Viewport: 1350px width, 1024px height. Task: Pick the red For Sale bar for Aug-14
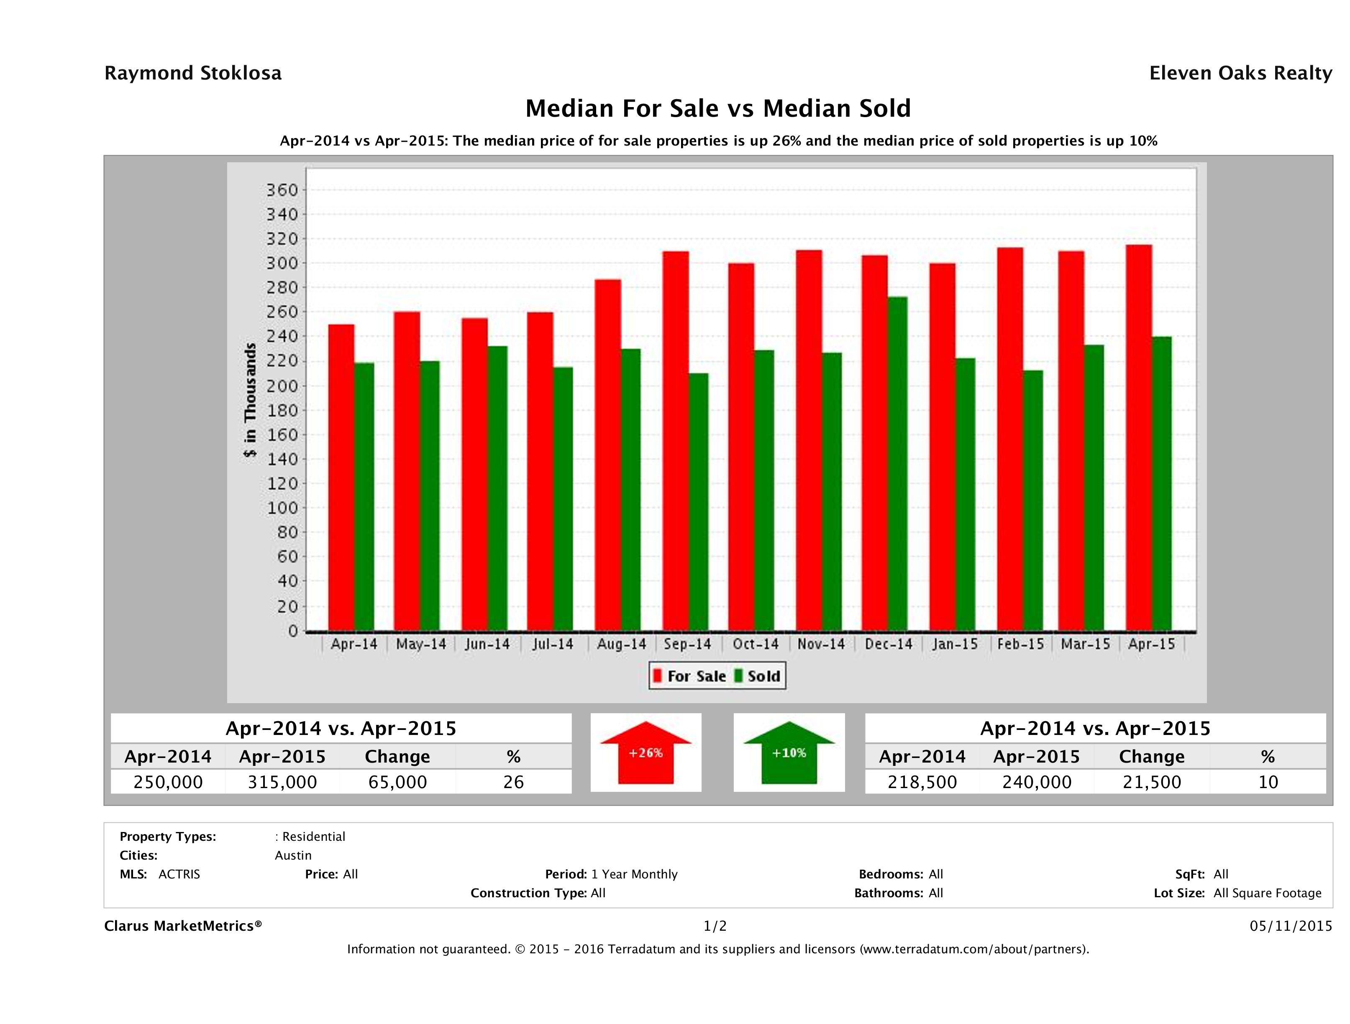tap(608, 455)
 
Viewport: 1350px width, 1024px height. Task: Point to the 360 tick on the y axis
tap(282, 190)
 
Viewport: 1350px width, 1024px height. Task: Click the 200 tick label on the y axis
tap(282, 386)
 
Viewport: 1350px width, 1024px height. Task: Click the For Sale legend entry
tap(690, 676)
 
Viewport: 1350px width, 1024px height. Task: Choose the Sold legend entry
tap(758, 676)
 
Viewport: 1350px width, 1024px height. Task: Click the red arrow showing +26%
tap(646, 753)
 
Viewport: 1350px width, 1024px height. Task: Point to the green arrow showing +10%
tap(789, 753)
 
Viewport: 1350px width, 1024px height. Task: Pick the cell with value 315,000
tap(282, 782)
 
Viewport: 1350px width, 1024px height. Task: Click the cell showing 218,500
tap(922, 782)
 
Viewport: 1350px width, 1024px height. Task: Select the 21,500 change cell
tap(1152, 782)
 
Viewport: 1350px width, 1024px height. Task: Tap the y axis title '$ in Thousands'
tap(250, 400)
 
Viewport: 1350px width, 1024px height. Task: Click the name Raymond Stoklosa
tap(193, 73)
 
